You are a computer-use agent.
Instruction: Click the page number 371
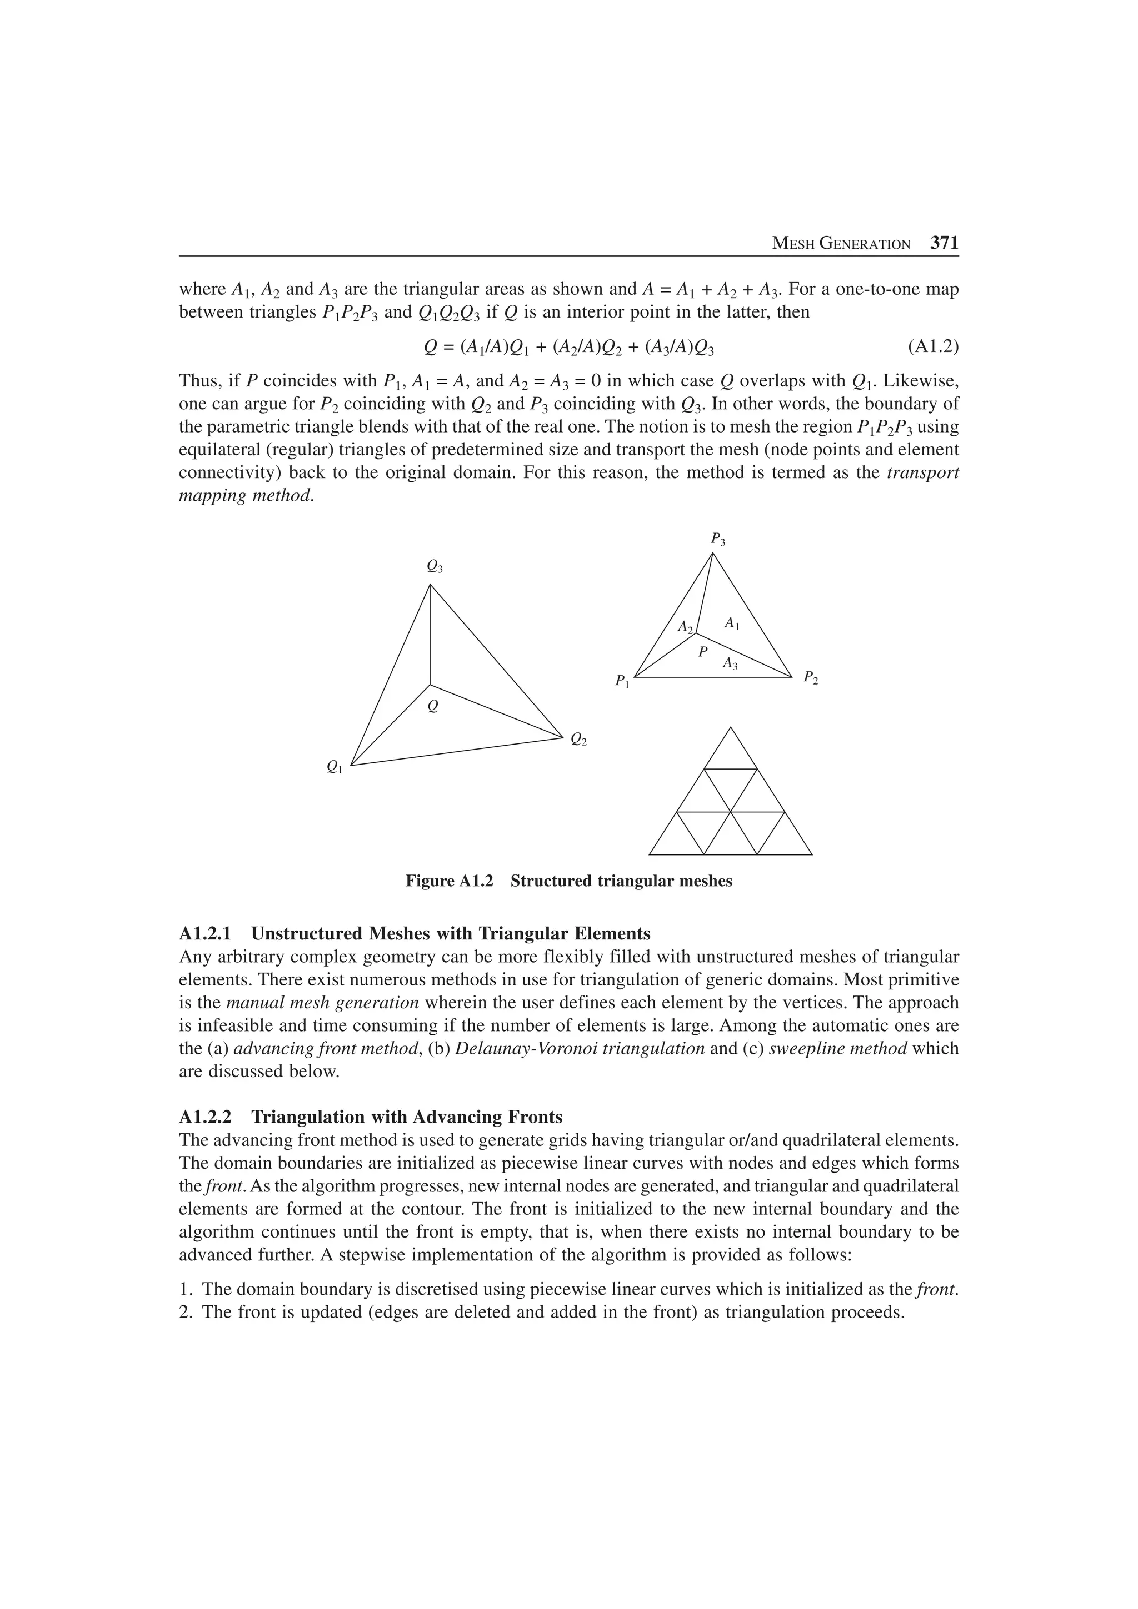[x=944, y=243]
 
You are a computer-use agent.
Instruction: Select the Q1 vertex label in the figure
[x=335, y=768]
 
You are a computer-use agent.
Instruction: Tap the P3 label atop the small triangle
[x=718, y=539]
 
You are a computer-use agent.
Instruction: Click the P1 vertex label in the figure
[x=622, y=681]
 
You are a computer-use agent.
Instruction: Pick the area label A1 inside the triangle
[x=731, y=622]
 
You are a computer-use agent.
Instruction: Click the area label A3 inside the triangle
[x=730, y=662]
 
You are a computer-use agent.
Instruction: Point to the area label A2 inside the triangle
[x=685, y=626]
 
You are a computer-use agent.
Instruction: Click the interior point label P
[x=702, y=652]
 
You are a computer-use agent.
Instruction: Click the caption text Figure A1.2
[x=449, y=882]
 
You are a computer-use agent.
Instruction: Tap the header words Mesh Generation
[x=841, y=244]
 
